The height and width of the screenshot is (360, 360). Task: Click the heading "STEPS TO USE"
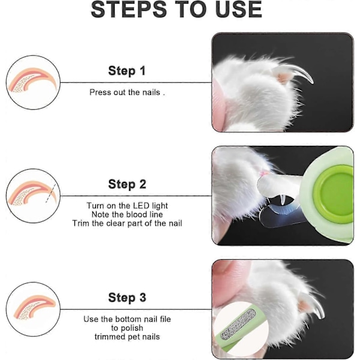176,9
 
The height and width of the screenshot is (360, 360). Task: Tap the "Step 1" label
127,70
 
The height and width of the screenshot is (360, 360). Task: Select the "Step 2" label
127,184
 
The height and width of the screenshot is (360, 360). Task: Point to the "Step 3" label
127,298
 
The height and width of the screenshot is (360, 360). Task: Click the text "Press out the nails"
125,92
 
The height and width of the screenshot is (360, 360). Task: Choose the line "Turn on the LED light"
127,206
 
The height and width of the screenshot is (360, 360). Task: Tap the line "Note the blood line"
127,214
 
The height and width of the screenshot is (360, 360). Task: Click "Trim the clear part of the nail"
127,223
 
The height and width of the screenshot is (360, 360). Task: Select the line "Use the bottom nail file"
127,319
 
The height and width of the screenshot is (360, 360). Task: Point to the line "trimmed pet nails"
127,337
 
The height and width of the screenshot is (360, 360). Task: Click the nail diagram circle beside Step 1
33,82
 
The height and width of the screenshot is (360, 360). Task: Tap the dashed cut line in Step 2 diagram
51,193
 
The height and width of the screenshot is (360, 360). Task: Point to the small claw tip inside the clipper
283,200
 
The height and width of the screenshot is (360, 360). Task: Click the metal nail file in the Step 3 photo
238,325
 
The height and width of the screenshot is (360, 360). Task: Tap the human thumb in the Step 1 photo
218,103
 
